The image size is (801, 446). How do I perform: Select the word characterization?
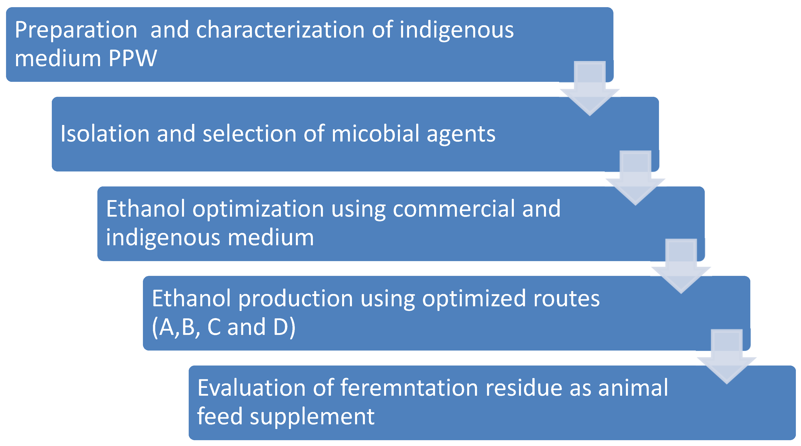(280, 30)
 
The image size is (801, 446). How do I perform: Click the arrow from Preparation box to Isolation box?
(590, 89)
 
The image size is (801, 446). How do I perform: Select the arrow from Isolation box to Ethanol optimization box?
(636, 178)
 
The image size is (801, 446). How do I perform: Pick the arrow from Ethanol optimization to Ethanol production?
(681, 266)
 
